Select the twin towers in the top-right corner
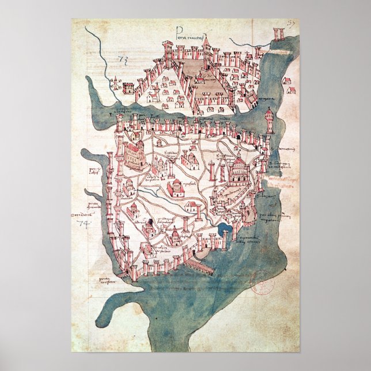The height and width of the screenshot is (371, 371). (x=280, y=33)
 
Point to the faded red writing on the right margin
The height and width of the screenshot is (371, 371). (x=282, y=183)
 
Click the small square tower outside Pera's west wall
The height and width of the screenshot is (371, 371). (x=128, y=88)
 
